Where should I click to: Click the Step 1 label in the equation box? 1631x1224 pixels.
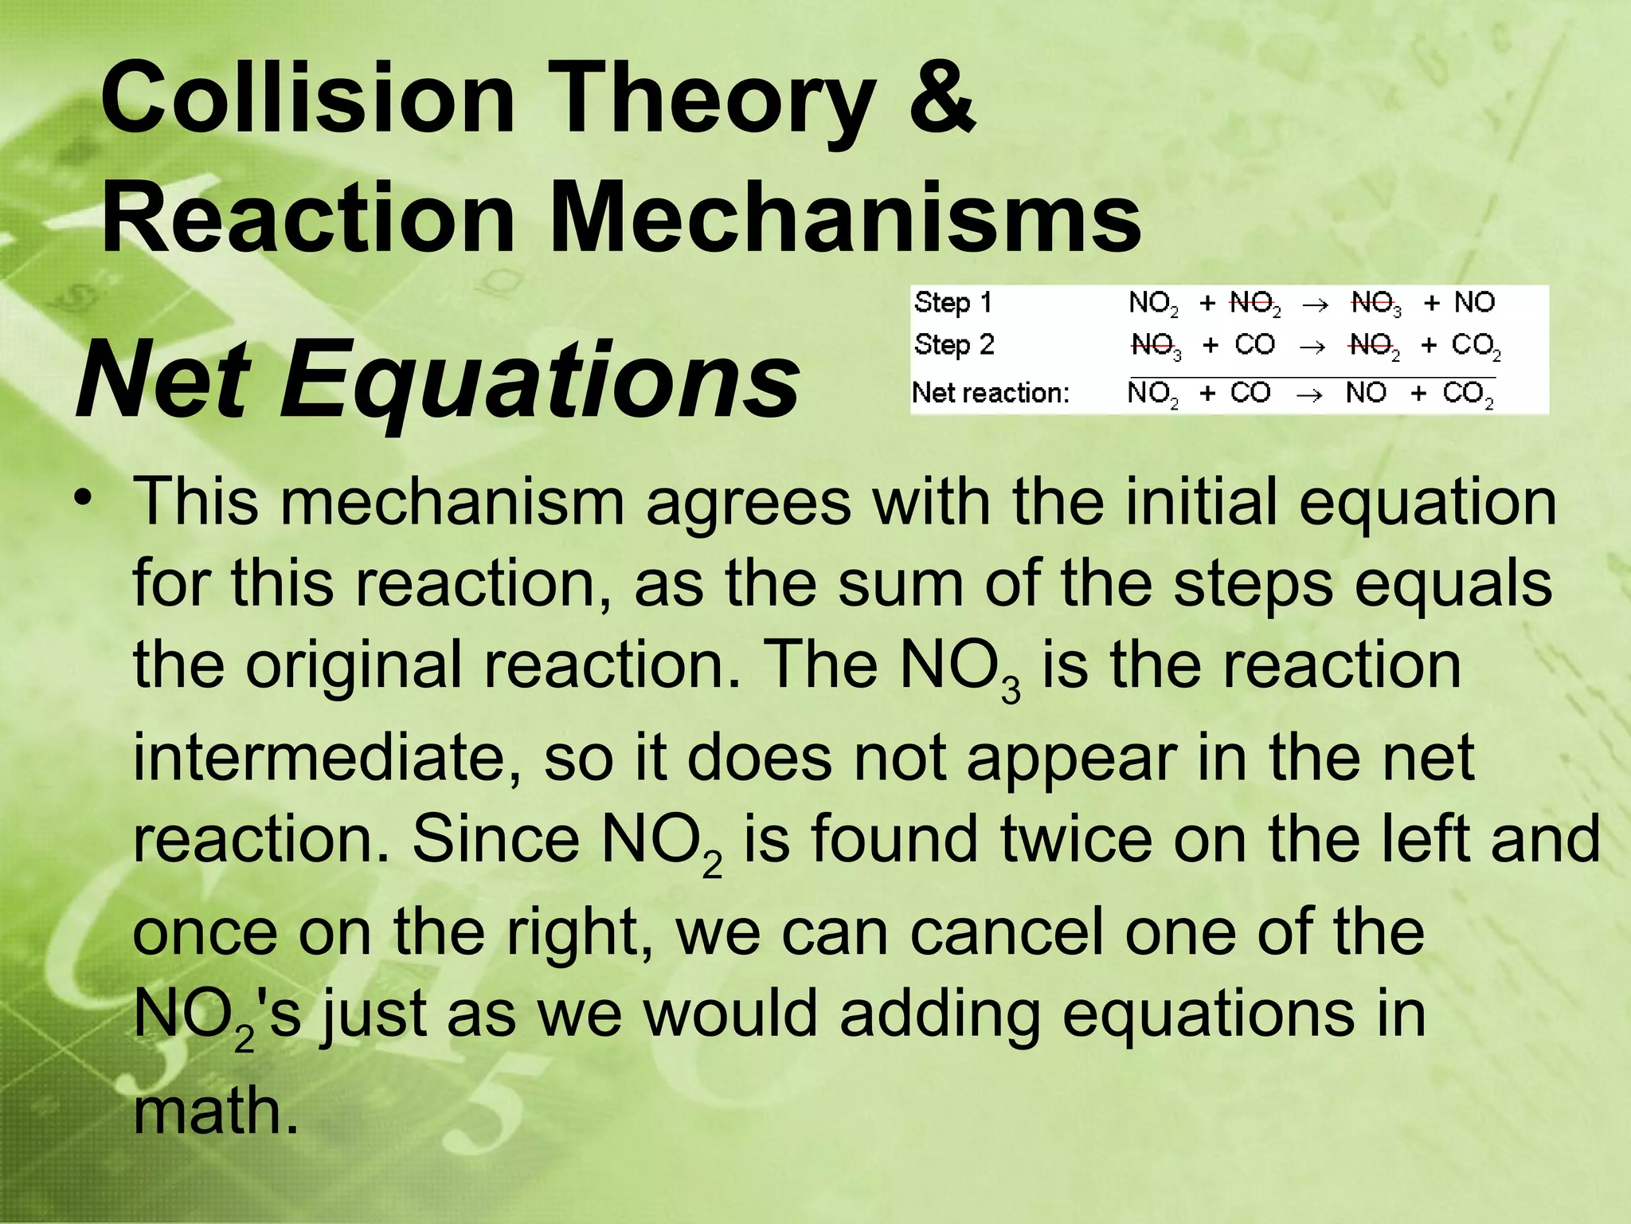pos(953,303)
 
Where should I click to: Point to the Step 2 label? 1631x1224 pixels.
pos(954,345)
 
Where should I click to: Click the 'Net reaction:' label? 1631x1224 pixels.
pos(991,393)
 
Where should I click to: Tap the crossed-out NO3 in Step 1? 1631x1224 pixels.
pos(1376,304)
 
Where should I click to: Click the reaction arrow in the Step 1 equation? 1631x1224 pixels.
pos(1315,304)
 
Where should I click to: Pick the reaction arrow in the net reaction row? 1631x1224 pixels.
pos(1309,394)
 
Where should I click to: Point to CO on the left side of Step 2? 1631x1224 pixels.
pos(1254,345)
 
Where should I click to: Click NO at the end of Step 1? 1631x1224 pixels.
pos(1474,303)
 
